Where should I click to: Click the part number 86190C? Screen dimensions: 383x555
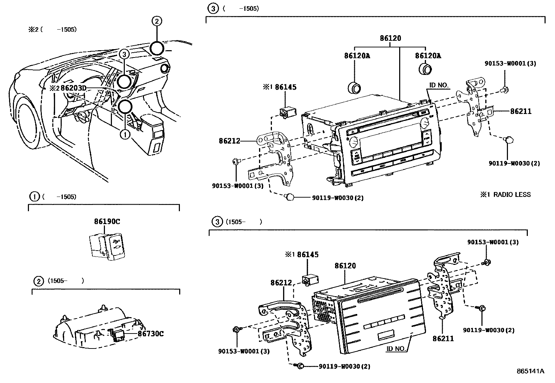pyautogui.click(x=107, y=221)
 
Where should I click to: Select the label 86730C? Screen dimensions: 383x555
pyautogui.click(x=151, y=334)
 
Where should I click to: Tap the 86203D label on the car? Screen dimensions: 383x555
pyautogui.click(x=73, y=88)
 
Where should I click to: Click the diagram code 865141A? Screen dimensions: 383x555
pyautogui.click(x=530, y=371)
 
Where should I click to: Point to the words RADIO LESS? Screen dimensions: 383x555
pyautogui.click(x=512, y=194)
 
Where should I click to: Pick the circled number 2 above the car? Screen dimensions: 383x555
pyautogui.click(x=157, y=21)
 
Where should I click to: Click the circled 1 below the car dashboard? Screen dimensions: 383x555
pyautogui.click(x=125, y=133)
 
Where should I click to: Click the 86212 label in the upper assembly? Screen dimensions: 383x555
pyautogui.click(x=230, y=141)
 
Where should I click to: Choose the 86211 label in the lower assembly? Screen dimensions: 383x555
pyautogui.click(x=443, y=338)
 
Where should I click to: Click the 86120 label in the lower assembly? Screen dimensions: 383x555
pyautogui.click(x=345, y=266)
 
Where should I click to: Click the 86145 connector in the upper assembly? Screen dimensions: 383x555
pyautogui.click(x=287, y=112)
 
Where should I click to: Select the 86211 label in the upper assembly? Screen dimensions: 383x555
pyautogui.click(x=521, y=112)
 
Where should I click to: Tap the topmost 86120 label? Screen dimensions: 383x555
pyautogui.click(x=390, y=38)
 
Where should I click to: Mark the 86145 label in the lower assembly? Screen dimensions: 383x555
pyautogui.click(x=307, y=255)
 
